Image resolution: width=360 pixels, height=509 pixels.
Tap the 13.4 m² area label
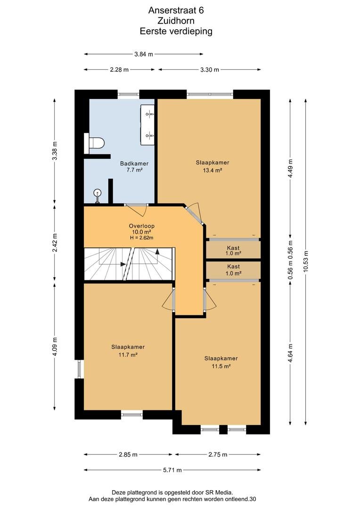coord(213,170)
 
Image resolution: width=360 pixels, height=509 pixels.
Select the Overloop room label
coord(141,226)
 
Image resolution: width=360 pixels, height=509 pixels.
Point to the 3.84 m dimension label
coord(143,54)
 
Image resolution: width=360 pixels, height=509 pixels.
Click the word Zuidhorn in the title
coord(176,21)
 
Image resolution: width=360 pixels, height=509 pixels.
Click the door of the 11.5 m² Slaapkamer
coord(209,299)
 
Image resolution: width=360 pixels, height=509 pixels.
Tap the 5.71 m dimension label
coord(172,470)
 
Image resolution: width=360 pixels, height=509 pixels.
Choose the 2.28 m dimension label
coord(119,69)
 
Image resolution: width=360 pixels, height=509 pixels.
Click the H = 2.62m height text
coord(141,238)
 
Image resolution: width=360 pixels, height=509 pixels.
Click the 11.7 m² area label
coord(128,355)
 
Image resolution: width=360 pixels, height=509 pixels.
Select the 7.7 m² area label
coord(134,170)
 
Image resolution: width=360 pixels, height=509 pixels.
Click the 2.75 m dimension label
coord(218,454)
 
